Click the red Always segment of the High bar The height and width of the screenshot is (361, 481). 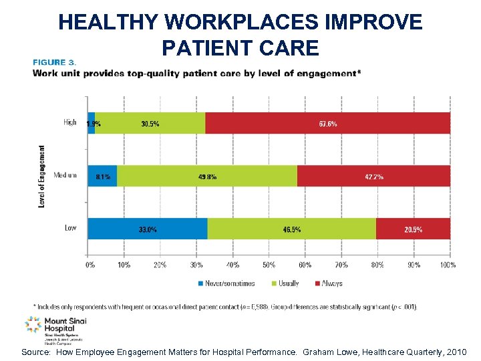click(x=327, y=123)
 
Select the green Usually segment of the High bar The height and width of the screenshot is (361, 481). click(x=150, y=123)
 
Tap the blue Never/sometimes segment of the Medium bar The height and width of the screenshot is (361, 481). click(x=102, y=176)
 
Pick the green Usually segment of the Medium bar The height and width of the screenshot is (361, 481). click(x=207, y=176)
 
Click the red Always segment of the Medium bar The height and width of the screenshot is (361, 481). click(x=373, y=176)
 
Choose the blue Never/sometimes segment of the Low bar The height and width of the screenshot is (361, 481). click(x=148, y=229)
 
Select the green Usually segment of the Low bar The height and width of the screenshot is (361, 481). click(x=291, y=229)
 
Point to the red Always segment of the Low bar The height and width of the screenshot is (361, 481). click(x=413, y=229)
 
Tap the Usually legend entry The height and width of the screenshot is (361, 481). click(x=285, y=283)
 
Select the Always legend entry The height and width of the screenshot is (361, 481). click(x=327, y=283)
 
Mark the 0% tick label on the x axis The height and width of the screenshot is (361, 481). click(x=90, y=265)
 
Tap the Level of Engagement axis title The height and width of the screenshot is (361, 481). click(x=42, y=176)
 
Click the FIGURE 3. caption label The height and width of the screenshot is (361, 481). click(x=55, y=62)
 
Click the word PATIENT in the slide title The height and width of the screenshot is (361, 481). click(x=200, y=48)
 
